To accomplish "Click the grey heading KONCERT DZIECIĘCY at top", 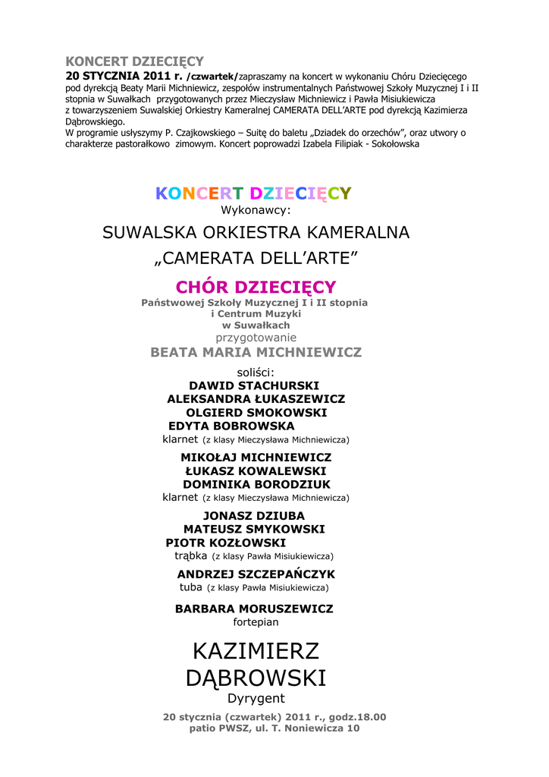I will click(x=134, y=61).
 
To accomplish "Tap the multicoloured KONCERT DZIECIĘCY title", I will click(x=253, y=193).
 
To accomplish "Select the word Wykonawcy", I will click(x=256, y=210).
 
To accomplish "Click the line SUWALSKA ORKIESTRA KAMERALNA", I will click(x=256, y=233).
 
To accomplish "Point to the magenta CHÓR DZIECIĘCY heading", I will click(x=256, y=287).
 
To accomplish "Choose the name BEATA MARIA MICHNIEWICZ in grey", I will click(x=256, y=352).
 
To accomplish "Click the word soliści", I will click(x=256, y=373).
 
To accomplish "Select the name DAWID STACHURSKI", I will click(x=254, y=385).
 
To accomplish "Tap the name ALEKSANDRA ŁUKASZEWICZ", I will click(x=256, y=399).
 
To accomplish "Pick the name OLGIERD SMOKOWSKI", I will click(x=256, y=413).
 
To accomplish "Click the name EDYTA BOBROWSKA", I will click(x=231, y=426).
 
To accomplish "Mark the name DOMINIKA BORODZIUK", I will click(x=256, y=484).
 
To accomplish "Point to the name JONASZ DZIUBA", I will click(x=254, y=516).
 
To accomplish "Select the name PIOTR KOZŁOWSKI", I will click(x=226, y=543).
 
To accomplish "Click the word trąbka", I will click(x=190, y=555).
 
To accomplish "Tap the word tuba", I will click(x=190, y=587).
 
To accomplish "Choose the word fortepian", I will click(x=256, y=622).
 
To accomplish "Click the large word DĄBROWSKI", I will click(x=256, y=678).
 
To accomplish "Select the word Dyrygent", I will click(x=256, y=699).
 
